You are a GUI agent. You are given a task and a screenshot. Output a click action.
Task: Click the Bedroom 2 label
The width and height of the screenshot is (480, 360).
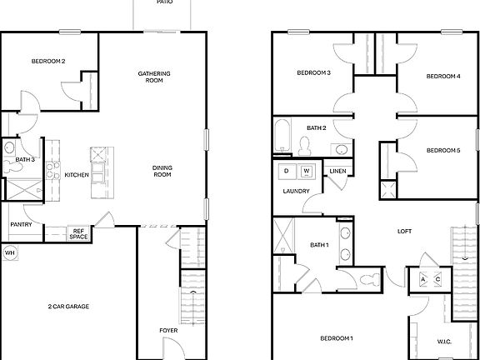(x=48, y=61)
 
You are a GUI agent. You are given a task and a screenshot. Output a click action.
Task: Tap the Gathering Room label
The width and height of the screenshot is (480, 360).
(x=154, y=77)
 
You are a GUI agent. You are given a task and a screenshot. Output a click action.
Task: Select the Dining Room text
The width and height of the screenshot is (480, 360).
(x=162, y=171)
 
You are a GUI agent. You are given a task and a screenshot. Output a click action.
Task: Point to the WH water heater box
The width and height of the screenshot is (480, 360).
(x=10, y=252)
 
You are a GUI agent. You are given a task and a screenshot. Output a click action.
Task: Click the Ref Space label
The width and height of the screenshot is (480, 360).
(x=79, y=234)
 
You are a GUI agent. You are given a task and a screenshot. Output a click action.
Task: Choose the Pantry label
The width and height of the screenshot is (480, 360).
(x=21, y=225)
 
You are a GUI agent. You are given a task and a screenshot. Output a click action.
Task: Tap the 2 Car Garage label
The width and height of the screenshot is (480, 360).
(x=68, y=307)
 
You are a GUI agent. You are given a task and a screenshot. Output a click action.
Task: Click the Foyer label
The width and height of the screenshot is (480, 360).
(x=168, y=331)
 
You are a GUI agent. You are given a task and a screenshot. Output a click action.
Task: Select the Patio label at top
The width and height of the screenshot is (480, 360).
(x=164, y=3)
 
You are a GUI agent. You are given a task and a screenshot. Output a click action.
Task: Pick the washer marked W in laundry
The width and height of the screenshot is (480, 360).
(x=306, y=171)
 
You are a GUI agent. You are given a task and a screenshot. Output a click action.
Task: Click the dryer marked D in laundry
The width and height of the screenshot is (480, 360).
(x=286, y=171)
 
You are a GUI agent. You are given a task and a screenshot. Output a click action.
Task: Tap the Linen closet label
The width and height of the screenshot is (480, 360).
(x=337, y=171)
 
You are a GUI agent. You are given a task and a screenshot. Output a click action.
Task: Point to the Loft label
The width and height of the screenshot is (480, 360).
(x=405, y=232)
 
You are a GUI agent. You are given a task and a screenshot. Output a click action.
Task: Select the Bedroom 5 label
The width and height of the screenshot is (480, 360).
(x=442, y=151)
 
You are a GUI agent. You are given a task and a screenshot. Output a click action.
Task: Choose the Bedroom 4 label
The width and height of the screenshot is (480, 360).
(x=442, y=77)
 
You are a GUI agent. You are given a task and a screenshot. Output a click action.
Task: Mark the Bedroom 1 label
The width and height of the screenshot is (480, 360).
(x=337, y=338)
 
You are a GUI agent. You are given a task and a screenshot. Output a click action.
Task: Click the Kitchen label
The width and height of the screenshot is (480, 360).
(x=77, y=174)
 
